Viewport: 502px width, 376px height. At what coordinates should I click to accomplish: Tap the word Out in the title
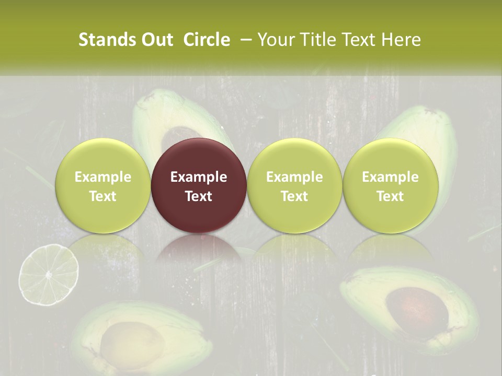pyautogui.click(x=155, y=40)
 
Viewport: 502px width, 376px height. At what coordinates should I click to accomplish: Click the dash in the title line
pyautogui.click(x=244, y=40)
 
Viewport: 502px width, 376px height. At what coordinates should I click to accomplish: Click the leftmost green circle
pyautogui.click(x=102, y=185)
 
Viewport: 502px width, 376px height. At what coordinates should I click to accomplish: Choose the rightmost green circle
pyautogui.click(x=390, y=185)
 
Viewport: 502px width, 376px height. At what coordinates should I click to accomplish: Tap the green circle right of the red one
pyautogui.click(x=294, y=185)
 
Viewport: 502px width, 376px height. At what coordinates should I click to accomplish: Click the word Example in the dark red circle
pyautogui.click(x=199, y=177)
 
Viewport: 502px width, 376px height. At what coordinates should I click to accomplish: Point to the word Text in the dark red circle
pyautogui.click(x=199, y=196)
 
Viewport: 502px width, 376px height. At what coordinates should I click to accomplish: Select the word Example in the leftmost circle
pyautogui.click(x=102, y=177)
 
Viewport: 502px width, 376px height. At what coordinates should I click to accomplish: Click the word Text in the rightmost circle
pyautogui.click(x=390, y=196)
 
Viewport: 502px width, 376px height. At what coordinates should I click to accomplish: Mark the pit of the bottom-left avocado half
pyautogui.click(x=129, y=340)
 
